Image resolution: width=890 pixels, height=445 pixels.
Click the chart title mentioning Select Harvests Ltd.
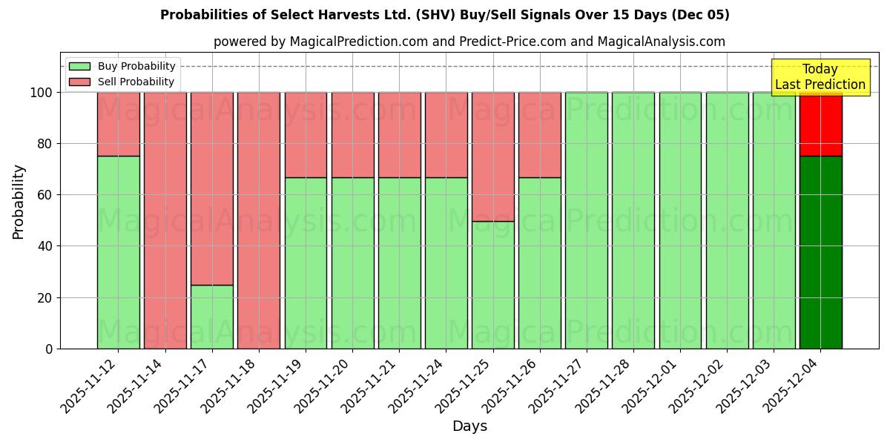pos(444,15)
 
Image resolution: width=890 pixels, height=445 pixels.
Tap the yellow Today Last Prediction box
pos(820,77)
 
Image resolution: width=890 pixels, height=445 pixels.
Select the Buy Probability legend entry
pos(122,66)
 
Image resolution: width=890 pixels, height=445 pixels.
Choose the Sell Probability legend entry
pos(122,82)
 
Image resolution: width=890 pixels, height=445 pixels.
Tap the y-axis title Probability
pos(19,202)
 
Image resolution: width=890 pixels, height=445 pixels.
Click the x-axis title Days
pos(469,426)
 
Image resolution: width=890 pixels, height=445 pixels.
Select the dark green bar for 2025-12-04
pos(820,252)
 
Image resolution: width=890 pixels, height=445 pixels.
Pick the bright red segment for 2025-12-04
pos(820,124)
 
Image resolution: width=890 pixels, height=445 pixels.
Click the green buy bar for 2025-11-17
pos(212,317)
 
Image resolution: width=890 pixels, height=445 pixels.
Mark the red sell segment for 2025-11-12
pos(119,124)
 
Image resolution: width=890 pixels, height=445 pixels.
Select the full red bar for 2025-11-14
pos(165,220)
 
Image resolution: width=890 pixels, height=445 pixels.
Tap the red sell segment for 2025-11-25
pos(493,156)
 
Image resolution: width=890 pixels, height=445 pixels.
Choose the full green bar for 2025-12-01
pos(680,220)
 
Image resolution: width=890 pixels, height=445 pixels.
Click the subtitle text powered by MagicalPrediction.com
pos(469,42)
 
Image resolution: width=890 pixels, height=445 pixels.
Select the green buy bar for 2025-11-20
pos(352,263)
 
